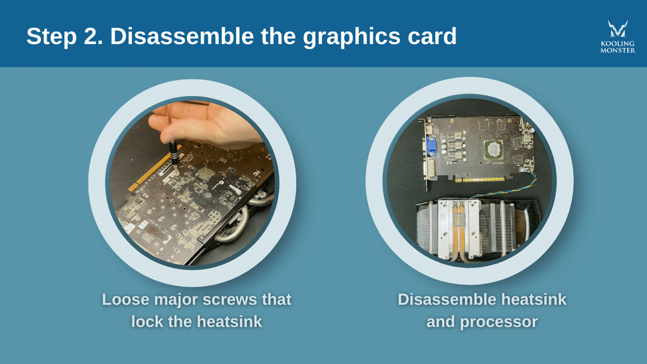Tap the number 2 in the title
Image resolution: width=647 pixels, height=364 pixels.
coord(94,36)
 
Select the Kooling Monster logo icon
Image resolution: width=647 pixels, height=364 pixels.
coord(617,30)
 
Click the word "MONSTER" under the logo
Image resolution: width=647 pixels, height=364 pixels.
coord(617,50)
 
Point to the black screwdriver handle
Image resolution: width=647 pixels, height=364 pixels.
coord(174,152)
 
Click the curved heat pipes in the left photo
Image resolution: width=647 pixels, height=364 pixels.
coord(236,220)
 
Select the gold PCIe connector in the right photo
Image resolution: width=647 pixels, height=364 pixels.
coord(476,180)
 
